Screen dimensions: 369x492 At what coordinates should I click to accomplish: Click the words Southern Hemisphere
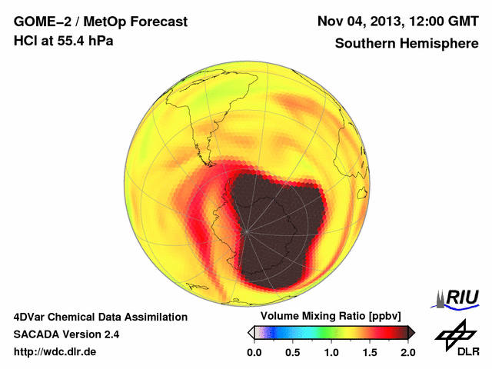pyautogui.click(x=406, y=43)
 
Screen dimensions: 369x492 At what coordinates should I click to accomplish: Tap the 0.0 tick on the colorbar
pyautogui.click(x=254, y=353)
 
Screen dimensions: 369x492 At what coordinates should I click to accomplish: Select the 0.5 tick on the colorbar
pyautogui.click(x=293, y=353)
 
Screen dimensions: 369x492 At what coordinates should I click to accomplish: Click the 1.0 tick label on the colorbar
pyautogui.click(x=331, y=353)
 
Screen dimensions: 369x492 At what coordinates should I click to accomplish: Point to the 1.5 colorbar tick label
pyautogui.click(x=370, y=353)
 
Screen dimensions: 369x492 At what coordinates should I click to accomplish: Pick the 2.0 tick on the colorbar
pyautogui.click(x=407, y=353)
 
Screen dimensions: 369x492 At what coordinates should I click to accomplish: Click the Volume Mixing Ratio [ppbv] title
pyautogui.click(x=329, y=317)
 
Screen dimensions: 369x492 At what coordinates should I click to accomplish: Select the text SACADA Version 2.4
pyautogui.click(x=66, y=335)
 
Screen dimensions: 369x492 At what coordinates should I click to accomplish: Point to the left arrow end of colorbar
pyautogui.click(x=251, y=332)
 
